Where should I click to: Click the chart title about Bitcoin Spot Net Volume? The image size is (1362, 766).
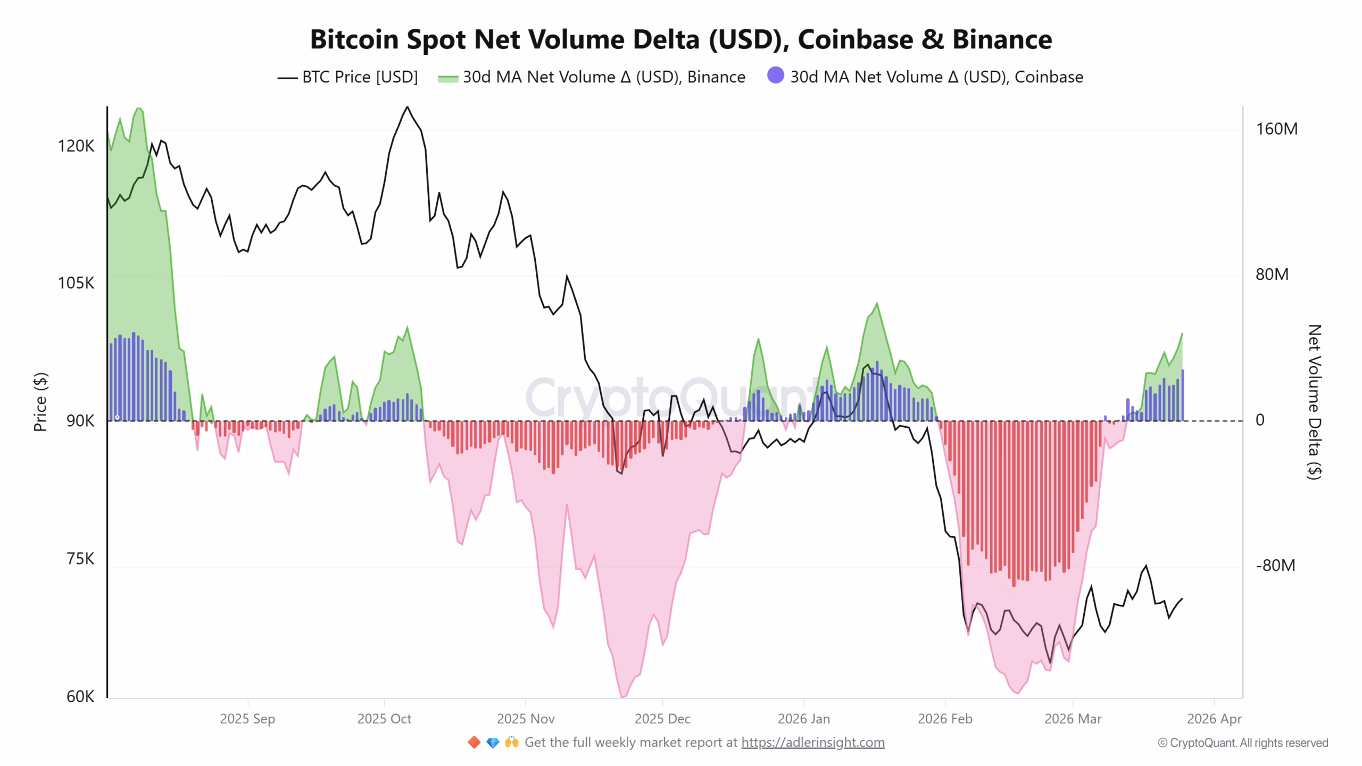coord(680,39)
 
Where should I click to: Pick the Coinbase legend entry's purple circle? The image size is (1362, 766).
coord(775,76)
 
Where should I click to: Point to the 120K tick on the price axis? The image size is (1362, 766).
coord(76,146)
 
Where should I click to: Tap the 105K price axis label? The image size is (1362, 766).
coord(76,283)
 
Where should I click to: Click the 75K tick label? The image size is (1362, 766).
coord(80,559)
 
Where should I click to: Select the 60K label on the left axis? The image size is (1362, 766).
coord(80,696)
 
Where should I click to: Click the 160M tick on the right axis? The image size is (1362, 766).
coord(1276,129)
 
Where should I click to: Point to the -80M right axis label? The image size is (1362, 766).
coord(1275,565)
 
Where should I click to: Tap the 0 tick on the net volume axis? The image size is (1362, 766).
coord(1260,420)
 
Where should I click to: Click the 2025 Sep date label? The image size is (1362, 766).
coord(247,719)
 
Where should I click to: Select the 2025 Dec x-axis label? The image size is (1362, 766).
coord(662,719)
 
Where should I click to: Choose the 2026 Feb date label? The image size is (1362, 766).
coord(945,719)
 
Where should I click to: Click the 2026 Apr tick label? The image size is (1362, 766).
coord(1214,719)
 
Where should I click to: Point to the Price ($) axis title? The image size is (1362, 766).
coord(40,402)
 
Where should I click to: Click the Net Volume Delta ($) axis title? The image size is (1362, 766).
coord(1314,402)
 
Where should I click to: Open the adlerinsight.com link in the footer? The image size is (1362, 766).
coord(812,742)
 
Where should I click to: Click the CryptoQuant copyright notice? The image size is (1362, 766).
coord(1242,743)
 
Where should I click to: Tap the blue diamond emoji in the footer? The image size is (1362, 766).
coord(493,742)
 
